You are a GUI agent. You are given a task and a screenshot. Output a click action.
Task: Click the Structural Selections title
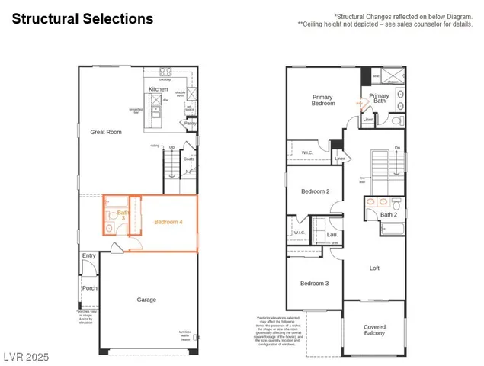82,19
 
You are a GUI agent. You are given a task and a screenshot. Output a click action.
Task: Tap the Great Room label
106,132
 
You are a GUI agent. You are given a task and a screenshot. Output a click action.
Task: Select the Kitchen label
158,89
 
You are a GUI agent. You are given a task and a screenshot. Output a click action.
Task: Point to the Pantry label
190,123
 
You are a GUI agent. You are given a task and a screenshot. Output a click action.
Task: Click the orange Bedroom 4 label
168,222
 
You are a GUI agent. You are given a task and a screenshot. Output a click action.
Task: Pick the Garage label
146,300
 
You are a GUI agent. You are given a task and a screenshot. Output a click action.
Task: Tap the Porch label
90,288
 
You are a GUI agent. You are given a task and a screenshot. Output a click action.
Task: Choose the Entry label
89,256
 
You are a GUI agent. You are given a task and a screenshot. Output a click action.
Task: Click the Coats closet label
188,159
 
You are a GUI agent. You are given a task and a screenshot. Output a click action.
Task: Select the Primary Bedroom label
323,100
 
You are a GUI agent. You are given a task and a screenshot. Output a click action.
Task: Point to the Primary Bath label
379,99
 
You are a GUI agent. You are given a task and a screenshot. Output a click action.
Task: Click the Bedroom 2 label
315,191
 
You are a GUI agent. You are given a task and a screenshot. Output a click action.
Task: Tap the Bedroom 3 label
314,284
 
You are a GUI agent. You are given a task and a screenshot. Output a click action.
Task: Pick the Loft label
374,268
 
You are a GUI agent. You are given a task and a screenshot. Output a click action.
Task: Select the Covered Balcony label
374,330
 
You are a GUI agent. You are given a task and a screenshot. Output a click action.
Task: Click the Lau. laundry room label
332,235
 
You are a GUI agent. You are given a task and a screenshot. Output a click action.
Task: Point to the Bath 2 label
389,214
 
